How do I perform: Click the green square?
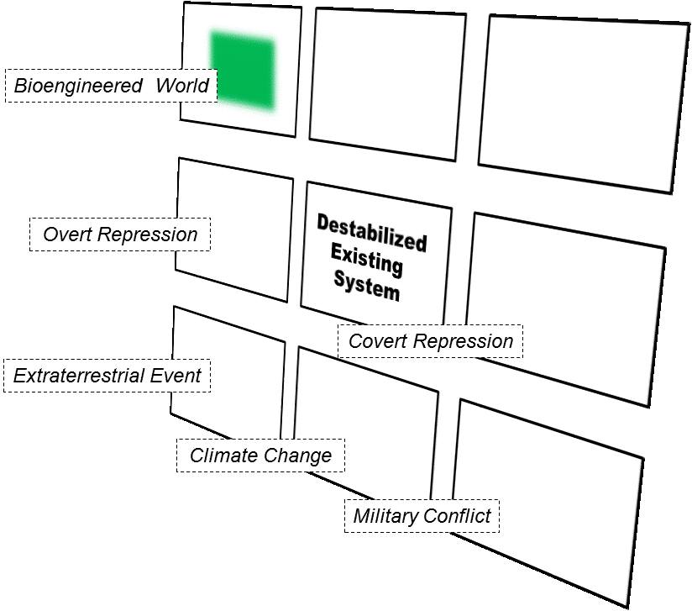243,71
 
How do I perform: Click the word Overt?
68,234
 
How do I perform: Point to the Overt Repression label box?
120,234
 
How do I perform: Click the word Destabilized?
371,231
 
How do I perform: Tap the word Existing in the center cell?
367,259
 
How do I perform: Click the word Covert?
378,341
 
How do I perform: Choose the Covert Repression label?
430,341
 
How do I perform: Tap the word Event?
176,376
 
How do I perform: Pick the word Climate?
224,456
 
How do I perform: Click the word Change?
297,456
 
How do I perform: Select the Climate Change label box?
260,456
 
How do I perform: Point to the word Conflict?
457,515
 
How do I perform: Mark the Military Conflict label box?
422,515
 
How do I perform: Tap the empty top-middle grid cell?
387,81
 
